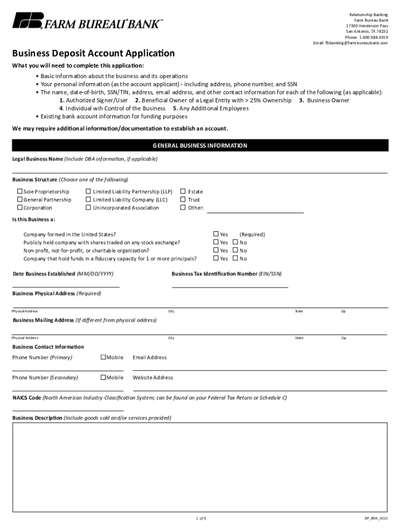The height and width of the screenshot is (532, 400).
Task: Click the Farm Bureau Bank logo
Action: pyautogui.click(x=87, y=21)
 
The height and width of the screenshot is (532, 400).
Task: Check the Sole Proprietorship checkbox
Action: pyautogui.click(x=20, y=192)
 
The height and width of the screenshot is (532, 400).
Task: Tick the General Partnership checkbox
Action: pyautogui.click(x=20, y=199)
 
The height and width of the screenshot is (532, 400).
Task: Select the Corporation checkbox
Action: pyautogui.click(x=20, y=208)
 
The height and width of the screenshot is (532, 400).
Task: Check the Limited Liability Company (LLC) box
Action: pyautogui.click(x=88, y=199)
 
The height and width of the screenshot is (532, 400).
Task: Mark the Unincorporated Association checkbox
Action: pyautogui.click(x=88, y=208)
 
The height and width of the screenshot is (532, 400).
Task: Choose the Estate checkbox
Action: pyautogui.click(x=183, y=192)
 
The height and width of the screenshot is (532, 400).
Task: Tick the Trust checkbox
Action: pyautogui.click(x=183, y=199)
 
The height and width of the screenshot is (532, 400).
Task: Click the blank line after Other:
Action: pyautogui.click(x=255, y=209)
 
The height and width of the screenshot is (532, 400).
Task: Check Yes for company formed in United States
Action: pyautogui.click(x=216, y=234)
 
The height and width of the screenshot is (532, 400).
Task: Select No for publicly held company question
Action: pyautogui.click(x=235, y=243)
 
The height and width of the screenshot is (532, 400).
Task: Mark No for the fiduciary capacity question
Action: pyautogui.click(x=235, y=259)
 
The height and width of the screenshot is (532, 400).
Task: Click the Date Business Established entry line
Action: pyautogui.click(x=66, y=283)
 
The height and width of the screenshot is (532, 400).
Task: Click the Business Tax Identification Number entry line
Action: pyautogui.click(x=230, y=283)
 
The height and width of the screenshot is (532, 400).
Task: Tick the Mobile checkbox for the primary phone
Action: pyautogui.click(x=103, y=357)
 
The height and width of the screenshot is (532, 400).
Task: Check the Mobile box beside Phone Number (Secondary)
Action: pyautogui.click(x=103, y=378)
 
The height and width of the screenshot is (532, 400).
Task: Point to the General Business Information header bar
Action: pyautogui.click(x=199, y=145)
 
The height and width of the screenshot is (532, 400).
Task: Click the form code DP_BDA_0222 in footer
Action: pyautogui.click(x=376, y=518)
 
